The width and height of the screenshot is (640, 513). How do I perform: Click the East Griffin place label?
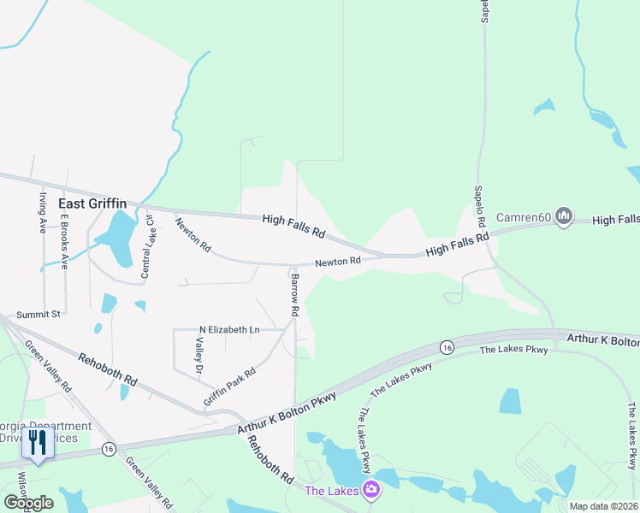[92, 203]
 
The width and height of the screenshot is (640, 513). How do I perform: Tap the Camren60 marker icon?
[563, 215]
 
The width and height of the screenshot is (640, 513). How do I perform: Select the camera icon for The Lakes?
[370, 490]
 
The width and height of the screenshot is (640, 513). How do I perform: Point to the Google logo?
[28, 503]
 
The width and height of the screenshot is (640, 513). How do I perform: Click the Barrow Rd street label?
[293, 296]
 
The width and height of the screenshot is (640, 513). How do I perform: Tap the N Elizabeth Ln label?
[229, 329]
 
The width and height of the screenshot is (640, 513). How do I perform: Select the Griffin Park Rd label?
[229, 386]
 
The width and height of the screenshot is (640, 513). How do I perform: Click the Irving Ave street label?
[41, 213]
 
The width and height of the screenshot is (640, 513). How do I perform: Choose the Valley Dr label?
[199, 356]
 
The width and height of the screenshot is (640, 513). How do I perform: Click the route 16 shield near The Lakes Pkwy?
[447, 346]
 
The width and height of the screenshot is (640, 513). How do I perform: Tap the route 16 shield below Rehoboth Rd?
[108, 449]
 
